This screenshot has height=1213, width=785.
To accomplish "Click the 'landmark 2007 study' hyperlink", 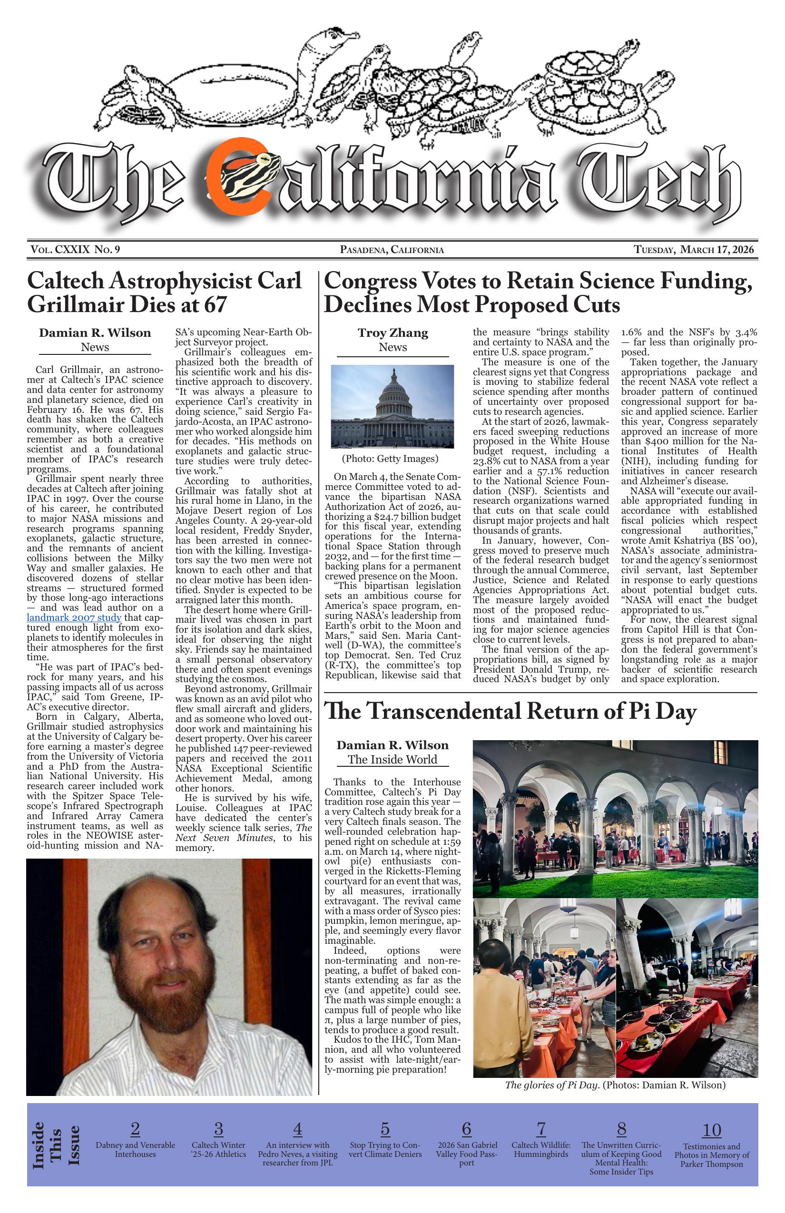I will [x=73, y=618].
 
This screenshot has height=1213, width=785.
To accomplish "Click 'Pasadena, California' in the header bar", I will [x=392, y=250].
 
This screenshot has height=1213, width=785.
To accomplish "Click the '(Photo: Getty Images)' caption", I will [x=390, y=459].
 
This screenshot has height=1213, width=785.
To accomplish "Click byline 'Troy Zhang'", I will [x=392, y=333].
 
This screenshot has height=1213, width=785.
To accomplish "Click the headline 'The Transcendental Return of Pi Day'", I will [x=510, y=711].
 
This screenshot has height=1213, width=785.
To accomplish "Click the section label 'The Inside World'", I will [x=392, y=759].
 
